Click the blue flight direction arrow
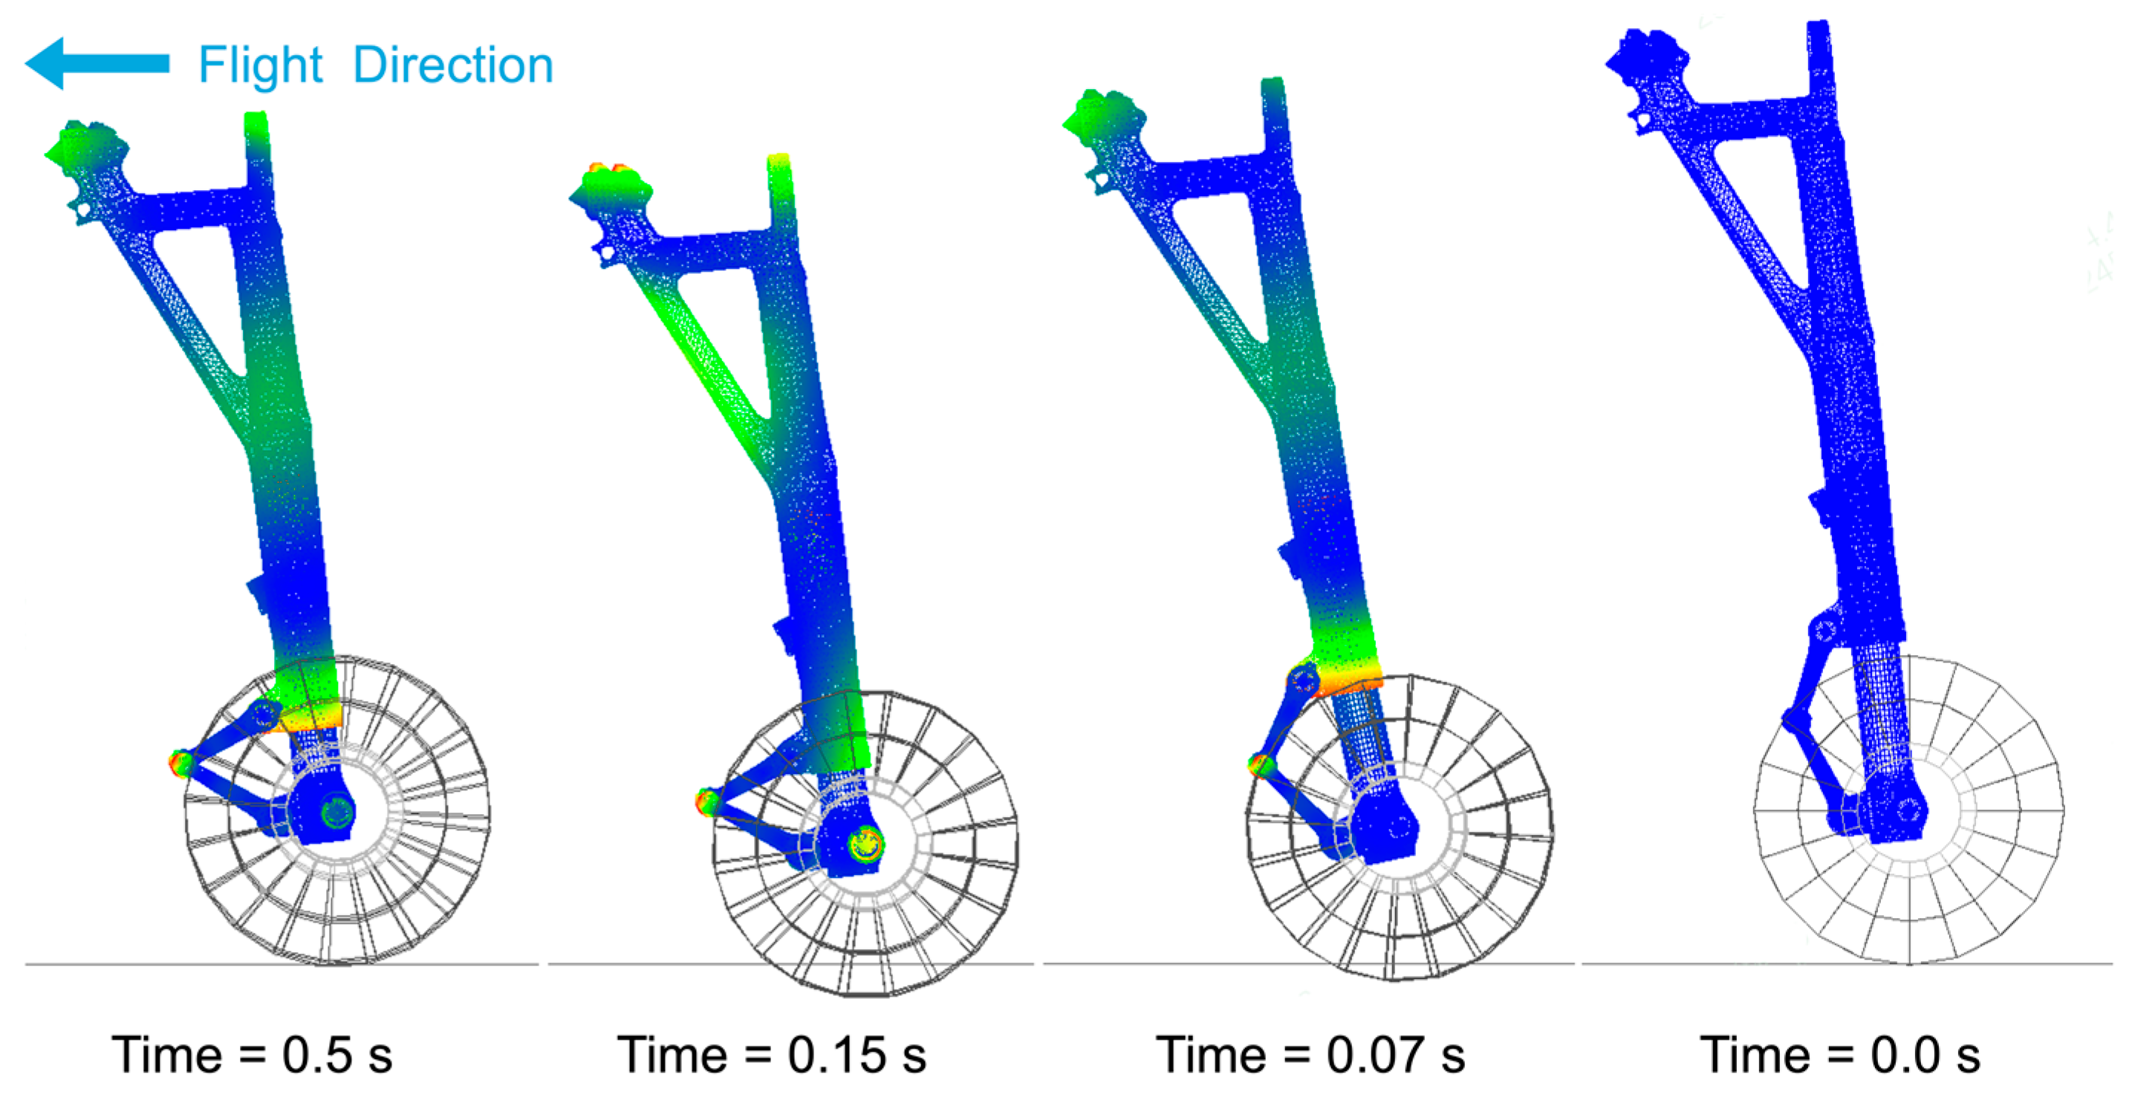coord(97,63)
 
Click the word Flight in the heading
coord(260,65)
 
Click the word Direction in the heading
coord(452,65)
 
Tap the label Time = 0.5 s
coord(253,1055)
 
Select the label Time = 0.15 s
coord(771,1055)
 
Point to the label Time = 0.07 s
coord(1311,1055)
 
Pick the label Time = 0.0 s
coord(1841,1055)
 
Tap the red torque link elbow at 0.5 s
coord(180,762)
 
